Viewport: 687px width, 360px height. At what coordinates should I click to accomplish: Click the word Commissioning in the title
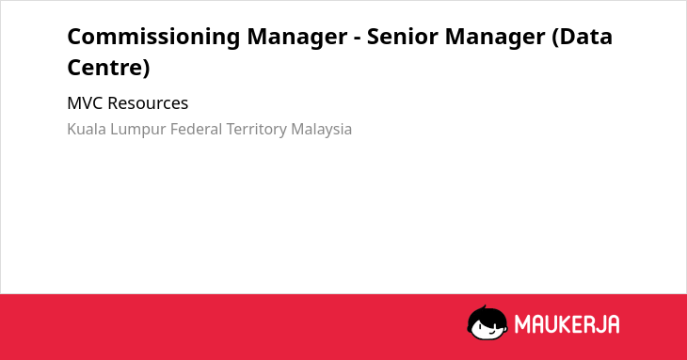click(153, 38)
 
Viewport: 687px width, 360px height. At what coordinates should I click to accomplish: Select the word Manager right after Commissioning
click(297, 38)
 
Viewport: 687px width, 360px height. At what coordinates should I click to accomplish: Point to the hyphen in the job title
click(357, 38)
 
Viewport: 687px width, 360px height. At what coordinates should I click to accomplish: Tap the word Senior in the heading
click(402, 37)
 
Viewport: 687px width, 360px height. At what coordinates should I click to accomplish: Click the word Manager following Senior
click(495, 38)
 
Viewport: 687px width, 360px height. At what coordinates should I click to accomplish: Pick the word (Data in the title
click(582, 37)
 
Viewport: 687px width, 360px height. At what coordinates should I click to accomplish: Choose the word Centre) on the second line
click(108, 68)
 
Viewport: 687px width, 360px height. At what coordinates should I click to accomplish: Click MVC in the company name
click(85, 103)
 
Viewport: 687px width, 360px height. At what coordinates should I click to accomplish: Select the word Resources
click(148, 103)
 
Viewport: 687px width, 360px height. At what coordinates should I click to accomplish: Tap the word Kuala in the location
click(87, 129)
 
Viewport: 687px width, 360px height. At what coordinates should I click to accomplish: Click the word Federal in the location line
click(197, 129)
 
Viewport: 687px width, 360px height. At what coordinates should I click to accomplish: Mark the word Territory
click(257, 130)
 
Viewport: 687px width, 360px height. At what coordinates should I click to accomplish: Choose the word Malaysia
click(322, 130)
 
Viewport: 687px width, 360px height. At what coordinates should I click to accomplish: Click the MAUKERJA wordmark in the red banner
click(567, 324)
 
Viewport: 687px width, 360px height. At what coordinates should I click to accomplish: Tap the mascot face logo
click(487, 322)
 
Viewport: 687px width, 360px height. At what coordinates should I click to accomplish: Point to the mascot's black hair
click(487, 315)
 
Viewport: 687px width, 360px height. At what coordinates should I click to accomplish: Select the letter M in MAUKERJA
click(522, 324)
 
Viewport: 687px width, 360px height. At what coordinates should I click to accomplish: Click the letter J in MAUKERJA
click(598, 324)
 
